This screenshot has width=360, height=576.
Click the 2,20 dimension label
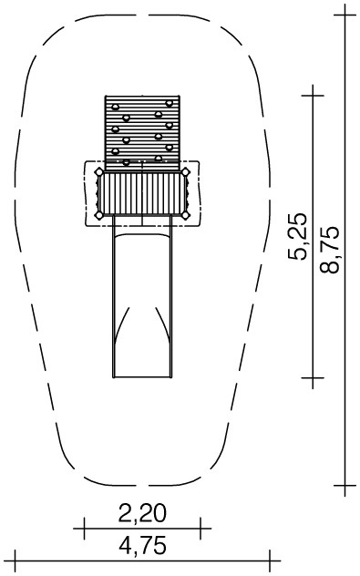point(142,513)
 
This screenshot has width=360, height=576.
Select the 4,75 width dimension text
point(142,545)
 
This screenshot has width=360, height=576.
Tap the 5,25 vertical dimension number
point(297,236)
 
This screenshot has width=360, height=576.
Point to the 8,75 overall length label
point(329,249)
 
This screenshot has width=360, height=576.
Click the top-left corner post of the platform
point(99,172)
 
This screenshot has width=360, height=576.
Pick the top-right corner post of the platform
point(186,172)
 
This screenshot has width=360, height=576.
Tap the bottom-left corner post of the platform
point(99,215)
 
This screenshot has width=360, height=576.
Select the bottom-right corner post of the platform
point(186,215)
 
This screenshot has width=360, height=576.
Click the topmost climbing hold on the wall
point(169,103)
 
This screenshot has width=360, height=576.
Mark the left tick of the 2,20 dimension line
point(84,529)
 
